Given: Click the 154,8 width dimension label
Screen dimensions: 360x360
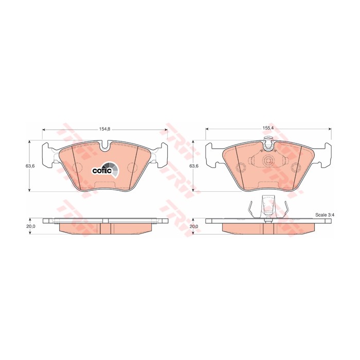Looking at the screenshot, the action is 105,129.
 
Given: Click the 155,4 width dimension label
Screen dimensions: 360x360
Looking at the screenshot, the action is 268,129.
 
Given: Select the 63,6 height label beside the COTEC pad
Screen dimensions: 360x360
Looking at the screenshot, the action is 30,166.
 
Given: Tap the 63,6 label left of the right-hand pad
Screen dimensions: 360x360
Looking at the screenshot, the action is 194,166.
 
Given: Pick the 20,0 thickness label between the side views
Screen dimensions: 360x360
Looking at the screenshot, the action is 194,226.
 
